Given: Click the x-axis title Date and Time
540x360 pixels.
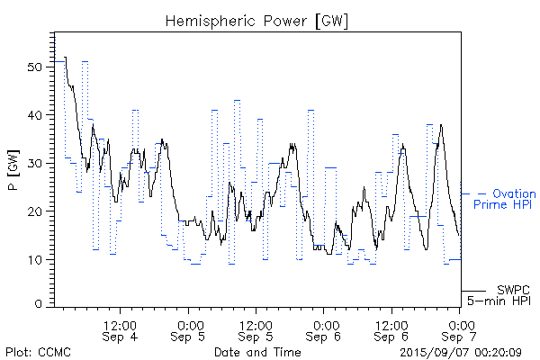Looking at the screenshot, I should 257,352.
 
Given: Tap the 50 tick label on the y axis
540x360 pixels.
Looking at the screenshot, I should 36,67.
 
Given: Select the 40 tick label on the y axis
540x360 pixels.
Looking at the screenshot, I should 36,115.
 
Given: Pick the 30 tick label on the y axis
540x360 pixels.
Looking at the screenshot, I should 36,163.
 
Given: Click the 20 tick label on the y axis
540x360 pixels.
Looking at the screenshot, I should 36,211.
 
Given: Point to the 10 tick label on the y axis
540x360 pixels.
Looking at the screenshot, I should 36,259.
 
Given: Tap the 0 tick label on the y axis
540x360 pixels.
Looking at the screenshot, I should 40,304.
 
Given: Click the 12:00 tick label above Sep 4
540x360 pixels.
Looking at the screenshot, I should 120,324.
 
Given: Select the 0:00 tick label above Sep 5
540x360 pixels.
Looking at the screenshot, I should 189,324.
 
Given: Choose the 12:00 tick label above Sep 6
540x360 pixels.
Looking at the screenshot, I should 392,324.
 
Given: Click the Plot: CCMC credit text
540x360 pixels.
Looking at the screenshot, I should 38,352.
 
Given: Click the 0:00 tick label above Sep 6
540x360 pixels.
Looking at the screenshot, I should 325,324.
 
